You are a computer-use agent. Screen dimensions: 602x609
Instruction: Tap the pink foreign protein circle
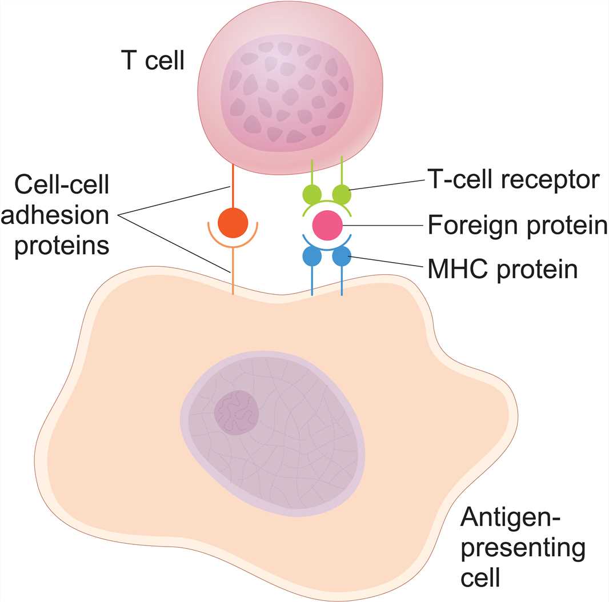click(x=327, y=225)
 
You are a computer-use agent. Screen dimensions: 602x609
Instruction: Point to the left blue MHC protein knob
click(x=312, y=256)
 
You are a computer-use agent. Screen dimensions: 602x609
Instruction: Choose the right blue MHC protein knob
click(x=342, y=256)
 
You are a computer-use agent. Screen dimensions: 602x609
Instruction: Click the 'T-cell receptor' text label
click(x=513, y=181)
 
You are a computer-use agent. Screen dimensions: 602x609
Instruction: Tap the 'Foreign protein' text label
click(x=517, y=226)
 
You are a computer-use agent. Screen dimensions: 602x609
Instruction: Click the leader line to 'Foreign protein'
click(x=383, y=226)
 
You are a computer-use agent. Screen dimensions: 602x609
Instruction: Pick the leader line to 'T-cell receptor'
click(x=388, y=186)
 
